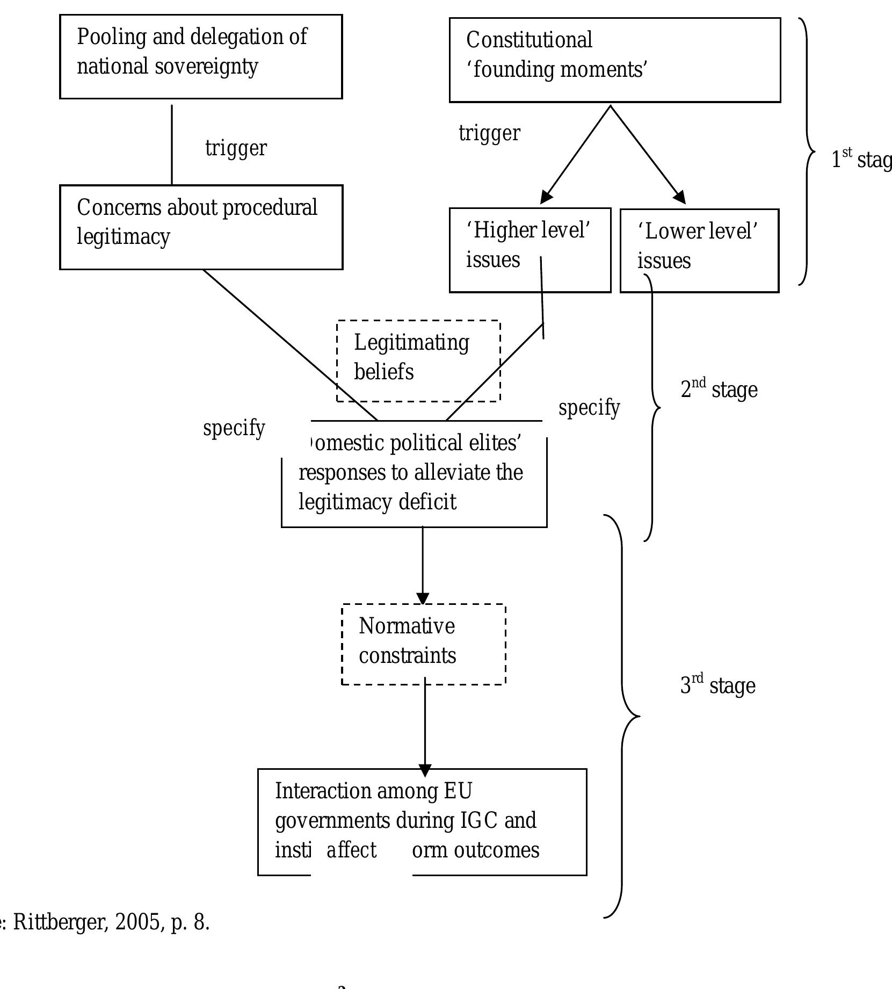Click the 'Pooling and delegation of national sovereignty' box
(x=200, y=56)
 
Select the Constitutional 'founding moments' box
(x=614, y=60)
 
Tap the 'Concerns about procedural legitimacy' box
(x=200, y=227)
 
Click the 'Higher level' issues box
(x=529, y=250)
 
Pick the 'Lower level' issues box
(x=699, y=250)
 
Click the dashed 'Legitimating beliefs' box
(x=418, y=360)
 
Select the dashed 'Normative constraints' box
(x=423, y=644)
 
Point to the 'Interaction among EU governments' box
(x=422, y=821)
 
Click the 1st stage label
(x=861, y=159)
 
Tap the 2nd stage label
(x=719, y=389)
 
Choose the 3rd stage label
(x=717, y=685)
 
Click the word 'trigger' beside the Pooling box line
(x=236, y=148)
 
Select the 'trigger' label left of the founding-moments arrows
(x=489, y=133)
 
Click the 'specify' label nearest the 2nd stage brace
(x=589, y=408)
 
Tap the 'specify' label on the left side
(x=234, y=428)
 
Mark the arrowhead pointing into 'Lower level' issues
(x=680, y=197)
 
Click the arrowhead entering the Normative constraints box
(x=423, y=598)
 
